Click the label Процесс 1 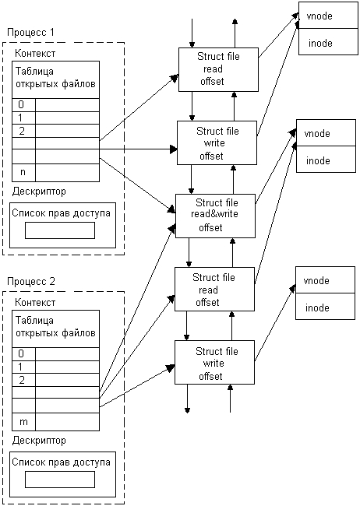(30, 33)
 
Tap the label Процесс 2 (31, 281)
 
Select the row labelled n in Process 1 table (55, 173)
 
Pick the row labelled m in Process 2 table (55, 422)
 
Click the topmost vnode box (328, 15)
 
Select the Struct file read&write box (215, 216)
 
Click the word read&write (214, 214)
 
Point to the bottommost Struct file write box (214, 362)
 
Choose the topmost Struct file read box (218, 69)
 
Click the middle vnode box (326, 132)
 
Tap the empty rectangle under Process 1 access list (60, 230)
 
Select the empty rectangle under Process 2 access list (60, 480)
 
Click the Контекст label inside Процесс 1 (35, 53)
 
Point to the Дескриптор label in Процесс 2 (39, 441)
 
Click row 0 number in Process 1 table (21, 104)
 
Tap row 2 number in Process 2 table (22, 380)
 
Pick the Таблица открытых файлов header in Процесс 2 (55, 327)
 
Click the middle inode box (326, 159)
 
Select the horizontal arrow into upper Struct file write (139, 149)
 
